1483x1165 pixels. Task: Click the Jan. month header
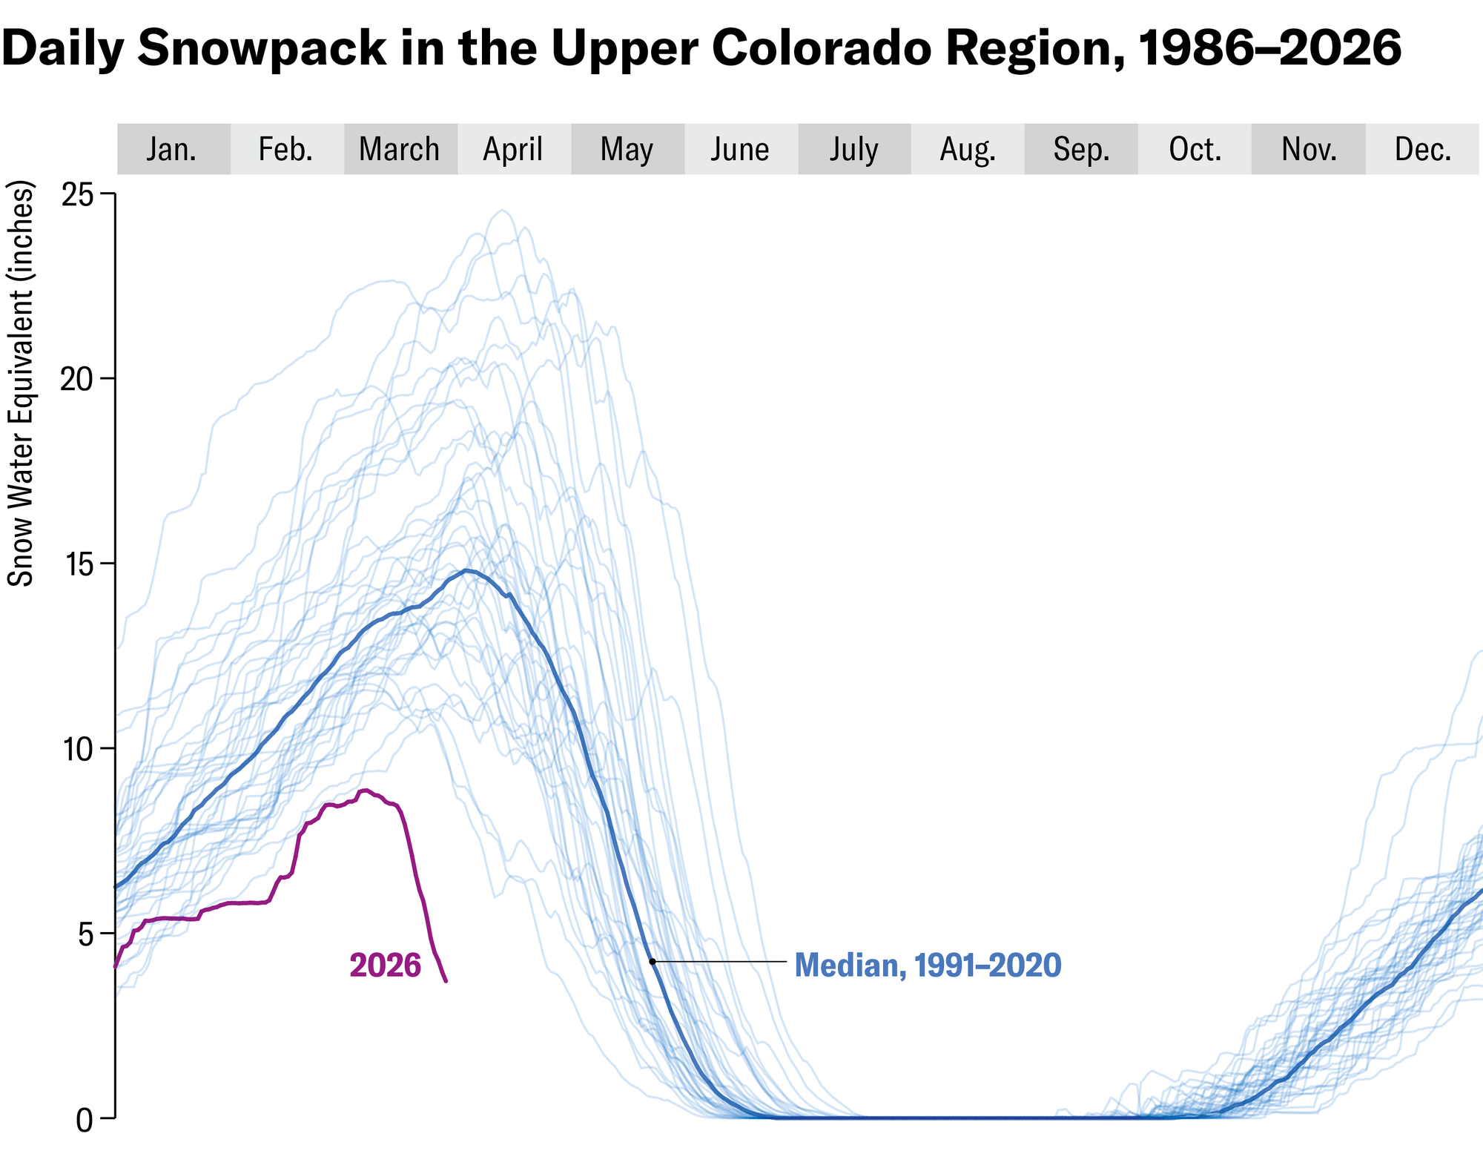[x=172, y=150]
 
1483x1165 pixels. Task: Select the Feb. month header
[x=286, y=150]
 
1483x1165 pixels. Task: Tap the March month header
[x=400, y=150]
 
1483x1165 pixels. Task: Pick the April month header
[x=513, y=150]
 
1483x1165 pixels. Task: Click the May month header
[x=627, y=150]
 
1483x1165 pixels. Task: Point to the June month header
[x=741, y=150]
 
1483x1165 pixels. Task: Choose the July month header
[x=854, y=150]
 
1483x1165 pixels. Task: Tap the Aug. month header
[x=968, y=150]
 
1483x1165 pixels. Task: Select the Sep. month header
[x=1081, y=150]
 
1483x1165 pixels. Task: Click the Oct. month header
[x=1195, y=150]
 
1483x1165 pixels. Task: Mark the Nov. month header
[x=1309, y=150]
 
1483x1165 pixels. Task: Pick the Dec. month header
[x=1423, y=150]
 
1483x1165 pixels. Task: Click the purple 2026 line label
[x=385, y=966]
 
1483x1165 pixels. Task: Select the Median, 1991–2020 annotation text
[x=928, y=966]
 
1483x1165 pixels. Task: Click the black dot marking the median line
[x=653, y=962]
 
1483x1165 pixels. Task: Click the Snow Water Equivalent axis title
[x=21, y=383]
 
